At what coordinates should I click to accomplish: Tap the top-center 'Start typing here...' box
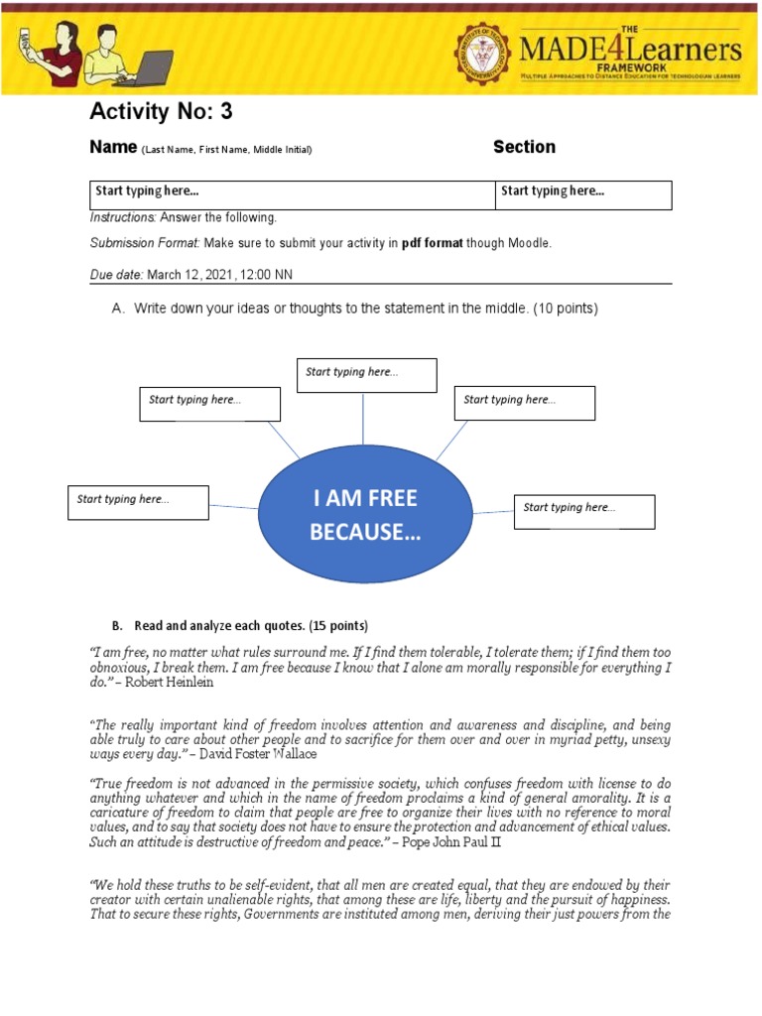(x=366, y=375)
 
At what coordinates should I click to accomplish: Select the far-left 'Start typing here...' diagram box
(x=138, y=502)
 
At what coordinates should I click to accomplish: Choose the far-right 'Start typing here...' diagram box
(x=583, y=511)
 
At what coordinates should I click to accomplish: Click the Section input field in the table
(x=583, y=194)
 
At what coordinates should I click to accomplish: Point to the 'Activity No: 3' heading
(x=161, y=111)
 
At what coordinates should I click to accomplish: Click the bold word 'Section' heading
(x=524, y=147)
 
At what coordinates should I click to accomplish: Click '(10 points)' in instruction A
(x=566, y=309)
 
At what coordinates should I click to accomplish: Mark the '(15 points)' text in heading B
(x=337, y=626)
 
